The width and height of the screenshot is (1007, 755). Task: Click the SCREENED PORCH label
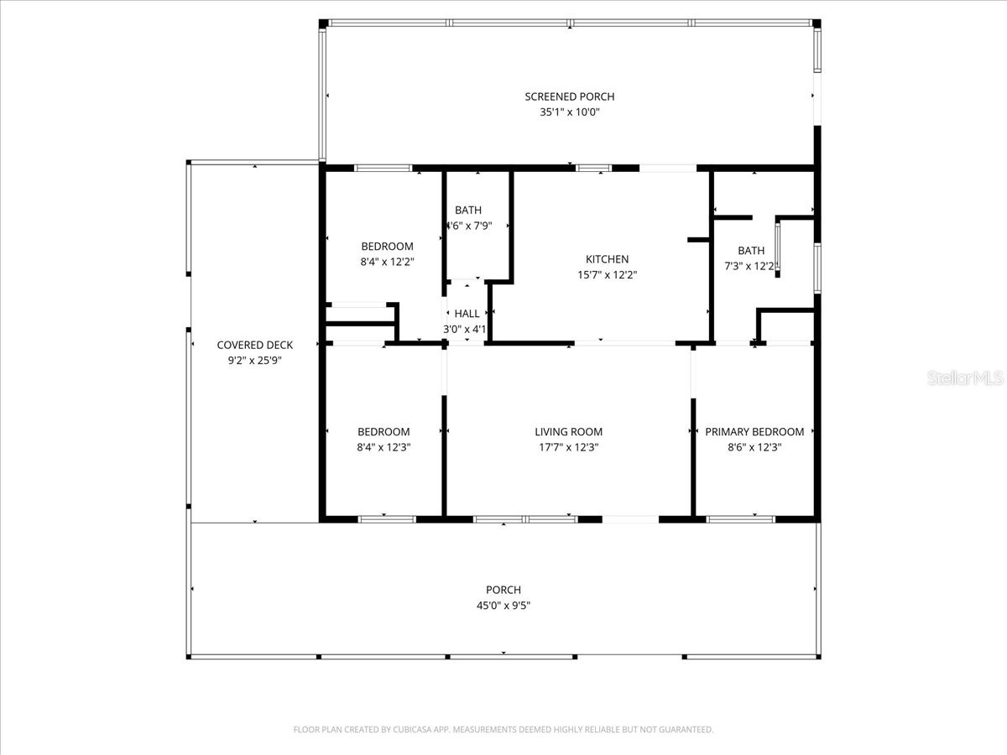[x=569, y=96]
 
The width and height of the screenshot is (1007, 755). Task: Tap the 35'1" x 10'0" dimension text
[x=569, y=112]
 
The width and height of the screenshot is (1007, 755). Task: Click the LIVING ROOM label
[x=568, y=432]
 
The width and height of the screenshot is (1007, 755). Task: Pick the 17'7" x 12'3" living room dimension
[x=568, y=447]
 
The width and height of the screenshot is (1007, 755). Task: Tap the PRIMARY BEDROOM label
[x=754, y=432]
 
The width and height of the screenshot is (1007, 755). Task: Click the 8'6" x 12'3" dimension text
[x=754, y=447]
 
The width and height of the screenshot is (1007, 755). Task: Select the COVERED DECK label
[x=254, y=345]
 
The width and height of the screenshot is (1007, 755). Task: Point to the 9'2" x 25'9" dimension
[x=254, y=360]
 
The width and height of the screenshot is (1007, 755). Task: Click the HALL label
[x=467, y=314]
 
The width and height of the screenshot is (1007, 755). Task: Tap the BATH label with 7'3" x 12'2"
[x=751, y=250]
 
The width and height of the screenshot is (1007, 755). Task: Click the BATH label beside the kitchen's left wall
[x=468, y=210]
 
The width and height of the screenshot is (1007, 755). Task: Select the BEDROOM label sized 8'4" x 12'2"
[x=387, y=246]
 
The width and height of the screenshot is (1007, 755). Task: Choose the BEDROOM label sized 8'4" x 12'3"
[x=383, y=432]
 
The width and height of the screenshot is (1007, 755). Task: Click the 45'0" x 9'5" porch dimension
[x=503, y=605]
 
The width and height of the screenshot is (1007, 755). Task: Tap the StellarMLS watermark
[x=964, y=379]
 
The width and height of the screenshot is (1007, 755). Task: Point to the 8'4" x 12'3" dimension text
[x=383, y=447]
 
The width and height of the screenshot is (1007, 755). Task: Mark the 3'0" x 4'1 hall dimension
[x=465, y=329]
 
